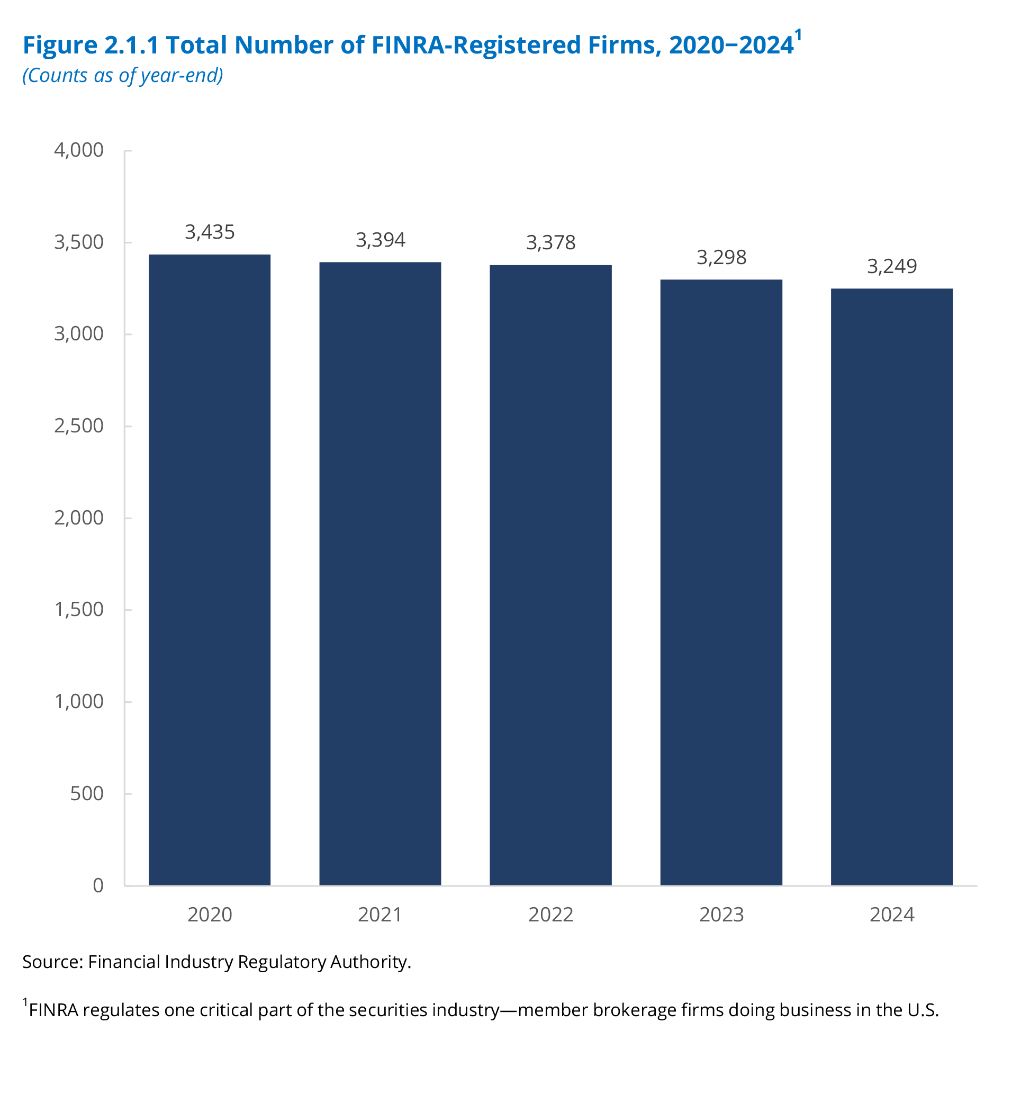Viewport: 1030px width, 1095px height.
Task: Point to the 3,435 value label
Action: coord(209,232)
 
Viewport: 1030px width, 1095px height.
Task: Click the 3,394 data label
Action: coord(380,240)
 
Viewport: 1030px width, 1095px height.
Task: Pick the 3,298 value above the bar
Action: coord(721,257)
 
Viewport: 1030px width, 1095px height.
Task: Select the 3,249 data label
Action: coord(891,266)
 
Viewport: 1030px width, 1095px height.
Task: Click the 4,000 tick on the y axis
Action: coord(79,150)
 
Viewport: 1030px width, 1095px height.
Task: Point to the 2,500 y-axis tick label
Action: coord(79,426)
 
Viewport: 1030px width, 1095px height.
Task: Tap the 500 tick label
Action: coord(86,793)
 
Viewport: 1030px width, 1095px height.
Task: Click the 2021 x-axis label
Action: coord(380,915)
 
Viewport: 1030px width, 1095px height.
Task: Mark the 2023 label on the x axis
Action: coord(721,915)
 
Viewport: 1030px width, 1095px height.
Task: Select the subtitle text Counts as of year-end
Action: coord(122,76)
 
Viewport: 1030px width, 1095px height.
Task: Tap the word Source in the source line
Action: coord(52,962)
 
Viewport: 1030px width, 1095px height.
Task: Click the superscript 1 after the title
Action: coord(798,35)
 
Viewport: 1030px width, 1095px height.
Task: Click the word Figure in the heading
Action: coord(59,45)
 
